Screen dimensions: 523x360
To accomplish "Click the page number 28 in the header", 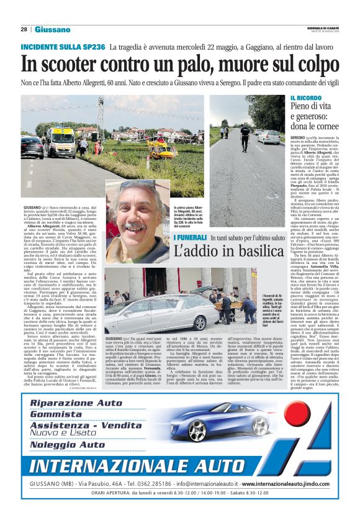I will coord(24,29).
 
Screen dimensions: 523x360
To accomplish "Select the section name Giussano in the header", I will coord(52,29).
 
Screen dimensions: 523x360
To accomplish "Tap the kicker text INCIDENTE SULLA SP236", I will coord(63,47).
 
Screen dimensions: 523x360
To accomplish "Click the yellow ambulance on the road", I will coord(61,143).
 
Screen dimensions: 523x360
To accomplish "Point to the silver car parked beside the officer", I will coord(269,137).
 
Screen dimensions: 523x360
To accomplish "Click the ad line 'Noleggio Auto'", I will coord(67,445).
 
